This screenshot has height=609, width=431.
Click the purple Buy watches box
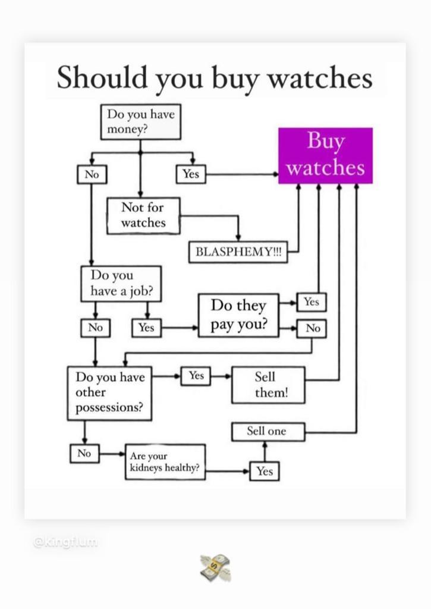pyautogui.click(x=325, y=155)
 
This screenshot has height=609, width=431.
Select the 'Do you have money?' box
pyautogui.click(x=140, y=122)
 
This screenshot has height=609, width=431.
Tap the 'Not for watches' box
pyautogui.click(x=143, y=215)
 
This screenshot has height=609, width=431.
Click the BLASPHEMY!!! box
pyautogui.click(x=238, y=252)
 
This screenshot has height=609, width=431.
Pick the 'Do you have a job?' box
pyautogui.click(x=121, y=283)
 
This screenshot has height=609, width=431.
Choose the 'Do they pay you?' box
pyautogui.click(x=238, y=315)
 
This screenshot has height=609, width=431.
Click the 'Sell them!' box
pyautogui.click(x=268, y=385)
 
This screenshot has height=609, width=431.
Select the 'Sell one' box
pyautogui.click(x=268, y=431)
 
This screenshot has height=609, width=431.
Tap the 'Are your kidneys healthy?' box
pyautogui.click(x=165, y=462)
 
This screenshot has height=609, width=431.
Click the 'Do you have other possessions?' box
pyautogui.click(x=109, y=393)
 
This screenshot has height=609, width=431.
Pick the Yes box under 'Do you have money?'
pyautogui.click(x=191, y=174)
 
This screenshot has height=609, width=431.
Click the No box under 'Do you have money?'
pyautogui.click(x=91, y=174)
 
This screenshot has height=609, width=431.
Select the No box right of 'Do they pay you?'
pyautogui.click(x=312, y=328)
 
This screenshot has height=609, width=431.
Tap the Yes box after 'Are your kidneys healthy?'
pyautogui.click(x=265, y=471)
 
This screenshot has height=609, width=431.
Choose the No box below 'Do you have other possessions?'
pyautogui.click(x=84, y=453)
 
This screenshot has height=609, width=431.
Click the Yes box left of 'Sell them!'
pyautogui.click(x=196, y=376)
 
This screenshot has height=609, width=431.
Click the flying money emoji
pyautogui.click(x=215, y=567)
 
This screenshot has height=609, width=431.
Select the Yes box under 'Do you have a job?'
pyautogui.click(x=146, y=328)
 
